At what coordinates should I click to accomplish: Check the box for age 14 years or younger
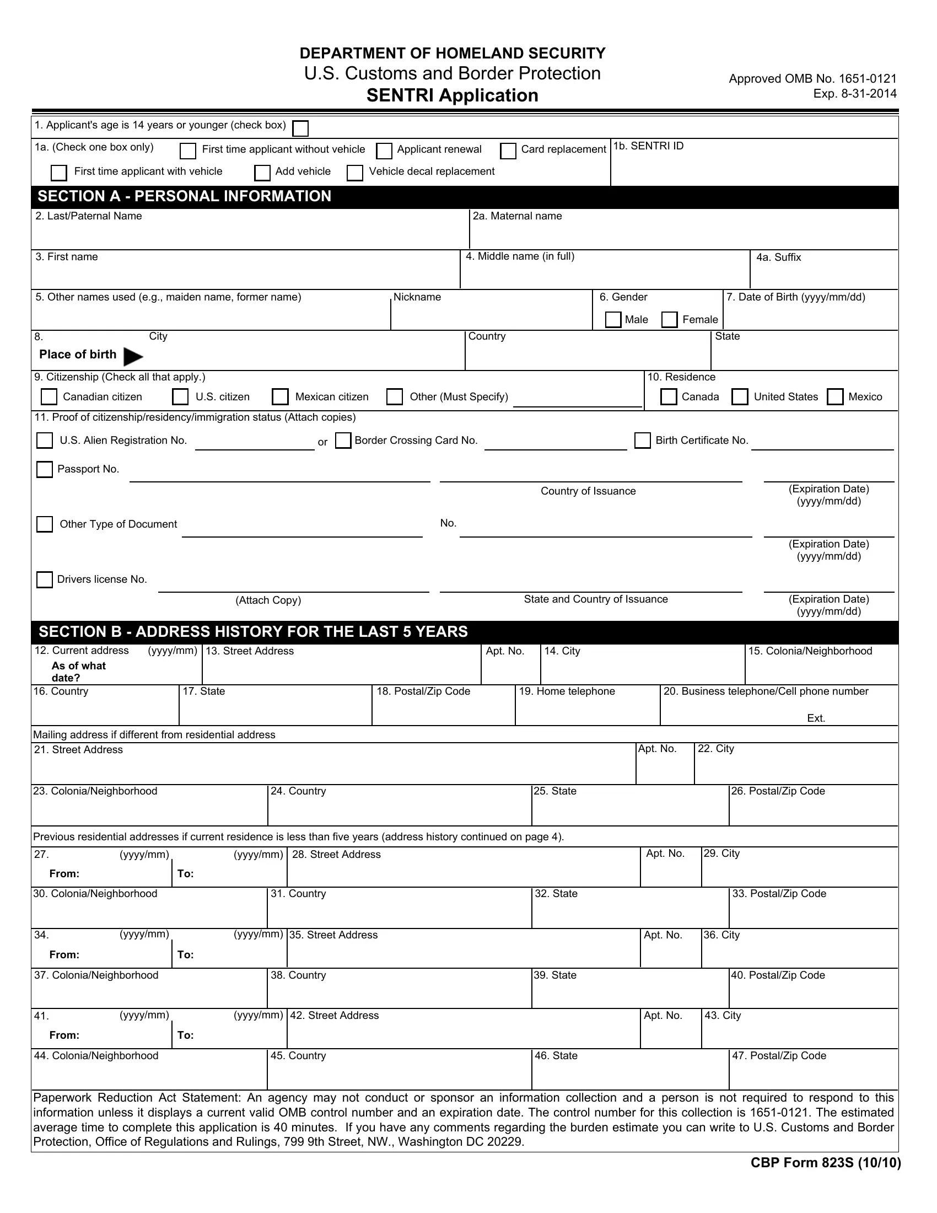tap(300, 129)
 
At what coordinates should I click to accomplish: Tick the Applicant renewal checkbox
tap(384, 151)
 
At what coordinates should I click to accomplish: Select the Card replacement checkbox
tap(508, 151)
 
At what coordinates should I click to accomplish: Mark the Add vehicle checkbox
tap(262, 173)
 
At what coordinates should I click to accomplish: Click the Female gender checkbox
tap(670, 320)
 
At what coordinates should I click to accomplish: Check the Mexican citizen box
tap(281, 397)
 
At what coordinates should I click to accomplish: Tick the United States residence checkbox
tap(739, 397)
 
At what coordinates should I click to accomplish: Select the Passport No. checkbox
tap(45, 469)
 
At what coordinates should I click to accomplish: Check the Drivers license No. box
tap(45, 580)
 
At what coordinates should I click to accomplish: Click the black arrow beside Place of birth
tap(132, 357)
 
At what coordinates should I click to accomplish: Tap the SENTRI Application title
tap(452, 95)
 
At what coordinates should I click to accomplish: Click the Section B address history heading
tap(253, 632)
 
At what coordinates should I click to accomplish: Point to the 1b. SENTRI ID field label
tap(648, 146)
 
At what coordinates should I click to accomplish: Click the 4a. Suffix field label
tap(778, 257)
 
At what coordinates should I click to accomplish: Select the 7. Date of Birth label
tap(795, 297)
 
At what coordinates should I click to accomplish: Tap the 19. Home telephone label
tap(567, 691)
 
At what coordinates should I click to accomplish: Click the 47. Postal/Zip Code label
tap(779, 1056)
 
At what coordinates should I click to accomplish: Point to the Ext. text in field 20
tap(816, 718)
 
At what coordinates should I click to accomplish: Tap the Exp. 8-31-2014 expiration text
tap(855, 94)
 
